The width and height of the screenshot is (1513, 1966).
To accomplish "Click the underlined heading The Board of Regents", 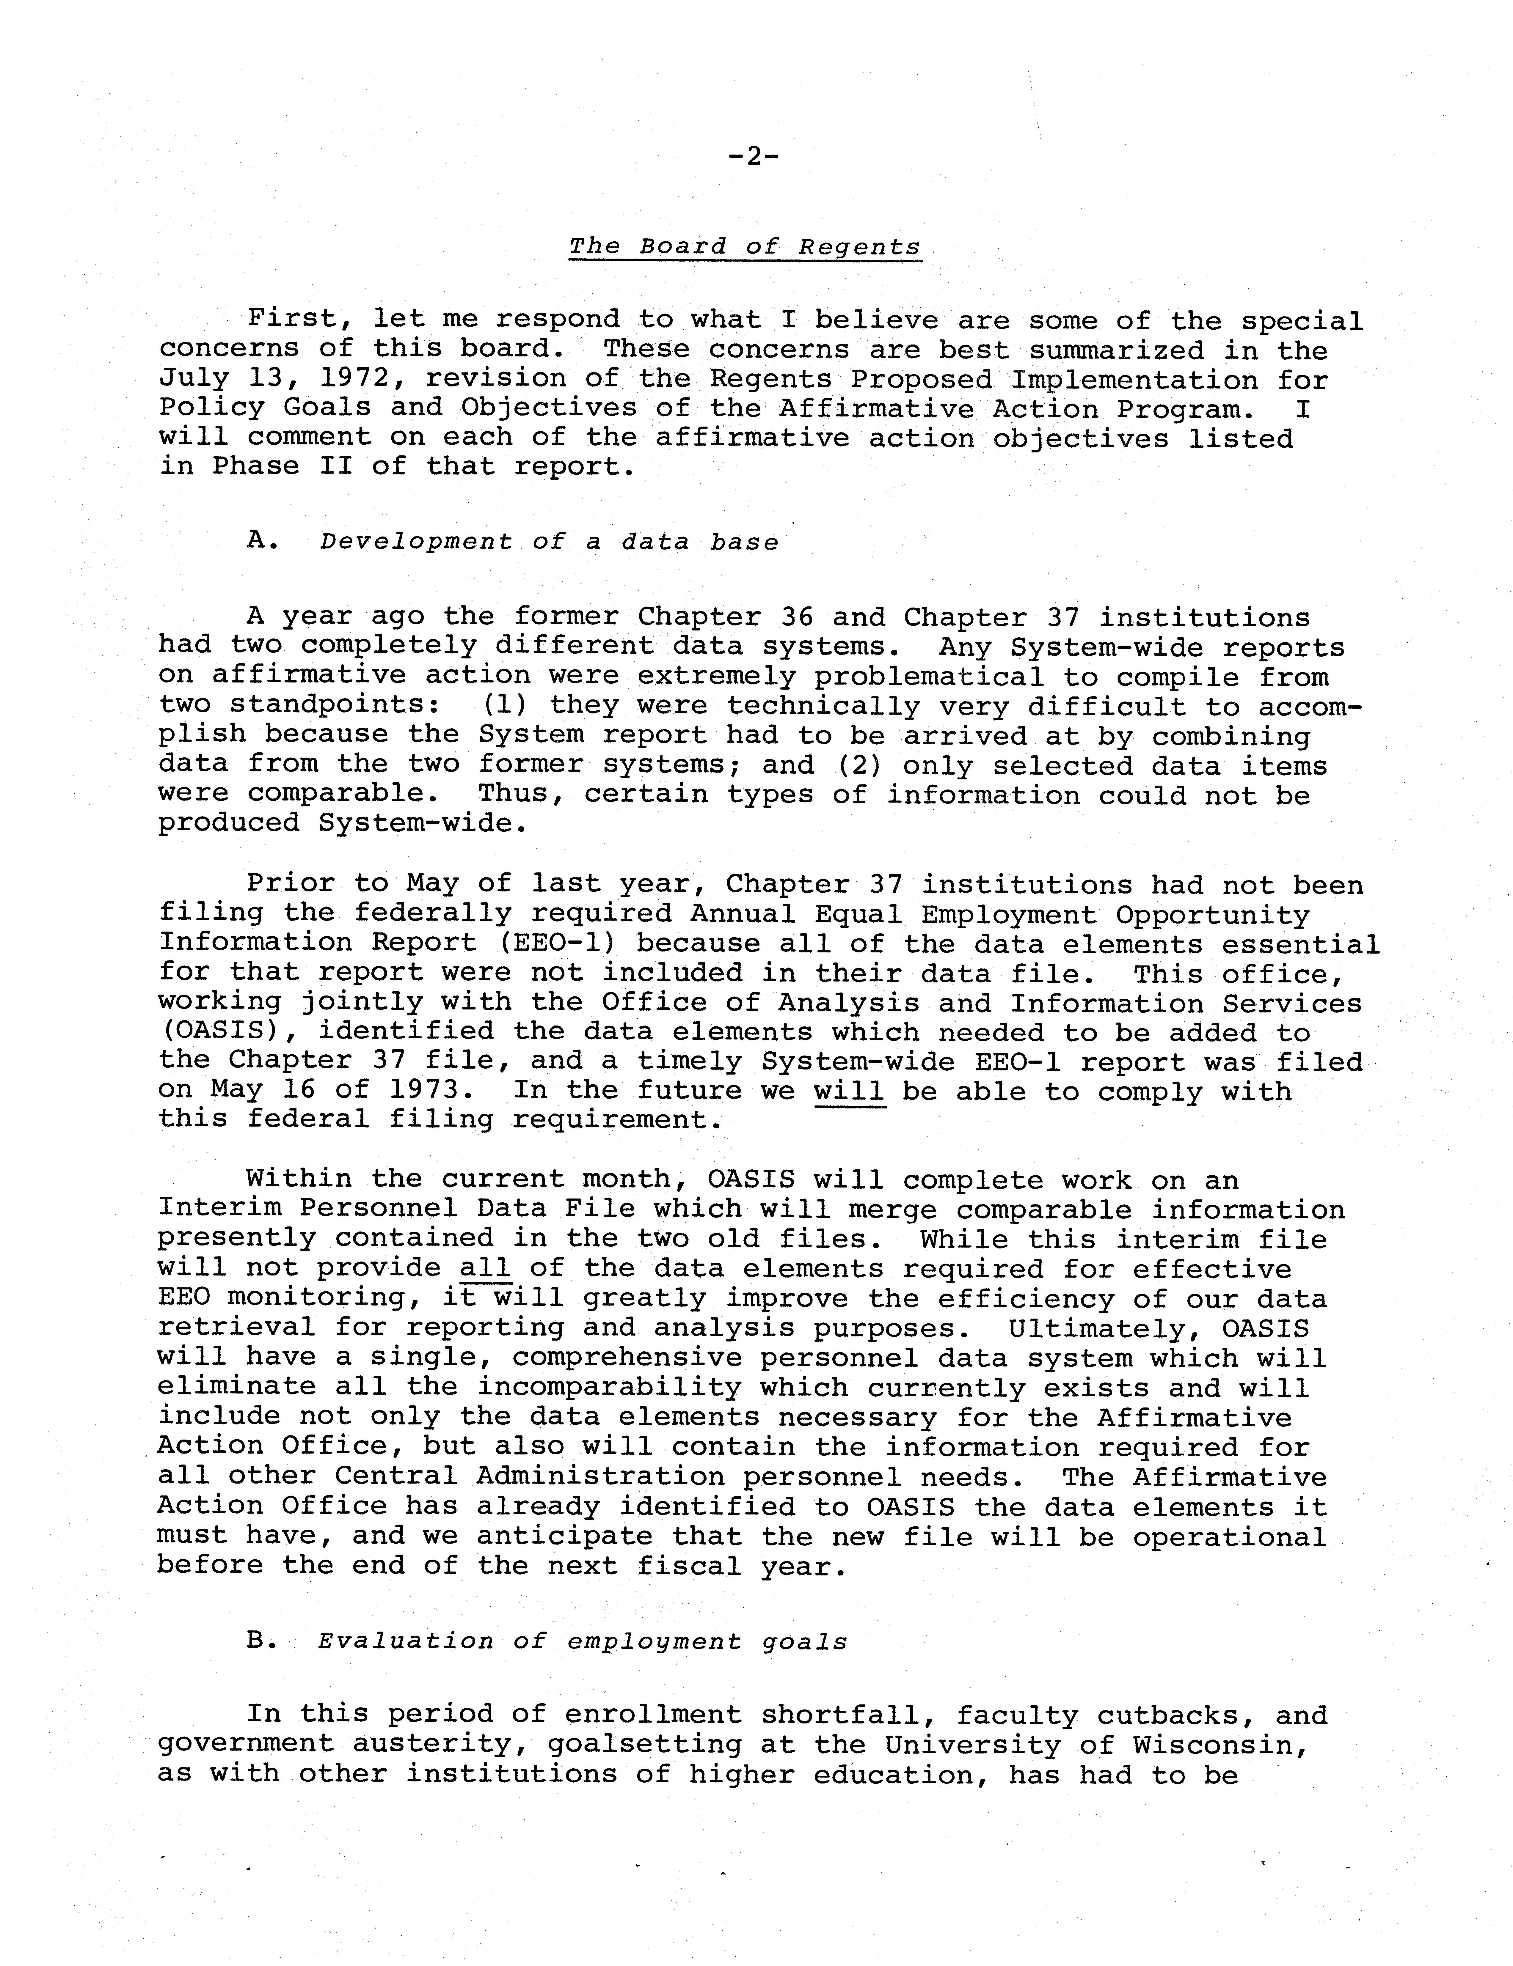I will pos(745,247).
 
